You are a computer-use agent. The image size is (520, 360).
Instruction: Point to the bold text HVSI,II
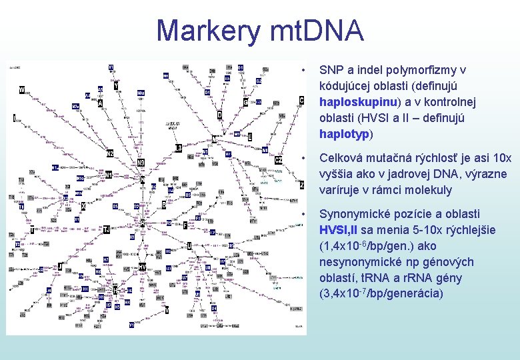pos(339,230)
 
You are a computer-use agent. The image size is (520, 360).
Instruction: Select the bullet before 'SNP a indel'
pos(303,70)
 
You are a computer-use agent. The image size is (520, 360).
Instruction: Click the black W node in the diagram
pos(22,90)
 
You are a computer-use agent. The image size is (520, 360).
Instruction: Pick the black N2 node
pos(110,153)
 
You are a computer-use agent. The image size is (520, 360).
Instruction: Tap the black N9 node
pos(141,163)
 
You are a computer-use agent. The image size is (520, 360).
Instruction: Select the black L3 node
pos(179,147)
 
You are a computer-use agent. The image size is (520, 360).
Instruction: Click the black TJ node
pos(106,229)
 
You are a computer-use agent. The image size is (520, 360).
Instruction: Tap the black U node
pos(189,246)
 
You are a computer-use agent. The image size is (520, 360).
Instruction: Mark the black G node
pos(245,103)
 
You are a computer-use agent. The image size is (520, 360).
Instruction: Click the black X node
pos(83,207)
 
